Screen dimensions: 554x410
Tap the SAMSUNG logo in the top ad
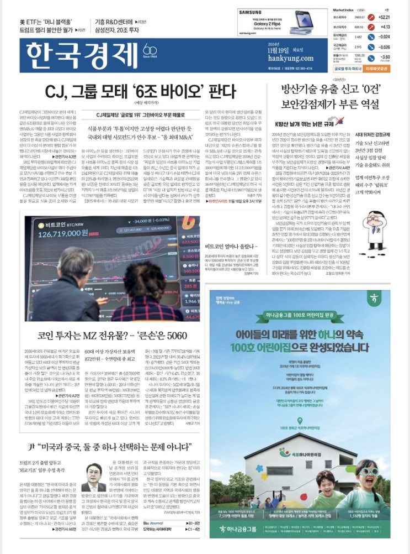pyautogui.click(x=251, y=13)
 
